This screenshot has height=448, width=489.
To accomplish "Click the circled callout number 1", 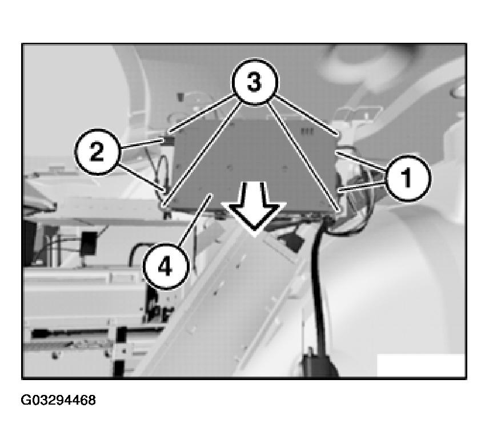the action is click(407, 177).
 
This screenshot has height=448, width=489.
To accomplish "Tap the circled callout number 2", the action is click(97, 152).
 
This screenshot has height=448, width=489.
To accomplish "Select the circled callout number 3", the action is click(254, 82).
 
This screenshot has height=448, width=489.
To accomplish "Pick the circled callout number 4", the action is click(166, 267).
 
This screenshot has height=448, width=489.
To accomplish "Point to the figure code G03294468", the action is click(58, 400).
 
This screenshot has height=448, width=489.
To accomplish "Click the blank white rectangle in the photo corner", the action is click(421, 365).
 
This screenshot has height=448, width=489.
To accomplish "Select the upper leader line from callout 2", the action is click(142, 144).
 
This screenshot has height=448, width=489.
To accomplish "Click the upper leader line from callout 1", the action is click(362, 161).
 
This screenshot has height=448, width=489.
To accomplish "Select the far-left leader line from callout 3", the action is click(202, 114).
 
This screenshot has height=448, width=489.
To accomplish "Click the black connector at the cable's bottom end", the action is click(319, 363).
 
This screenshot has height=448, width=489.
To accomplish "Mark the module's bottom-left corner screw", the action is click(164, 206).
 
